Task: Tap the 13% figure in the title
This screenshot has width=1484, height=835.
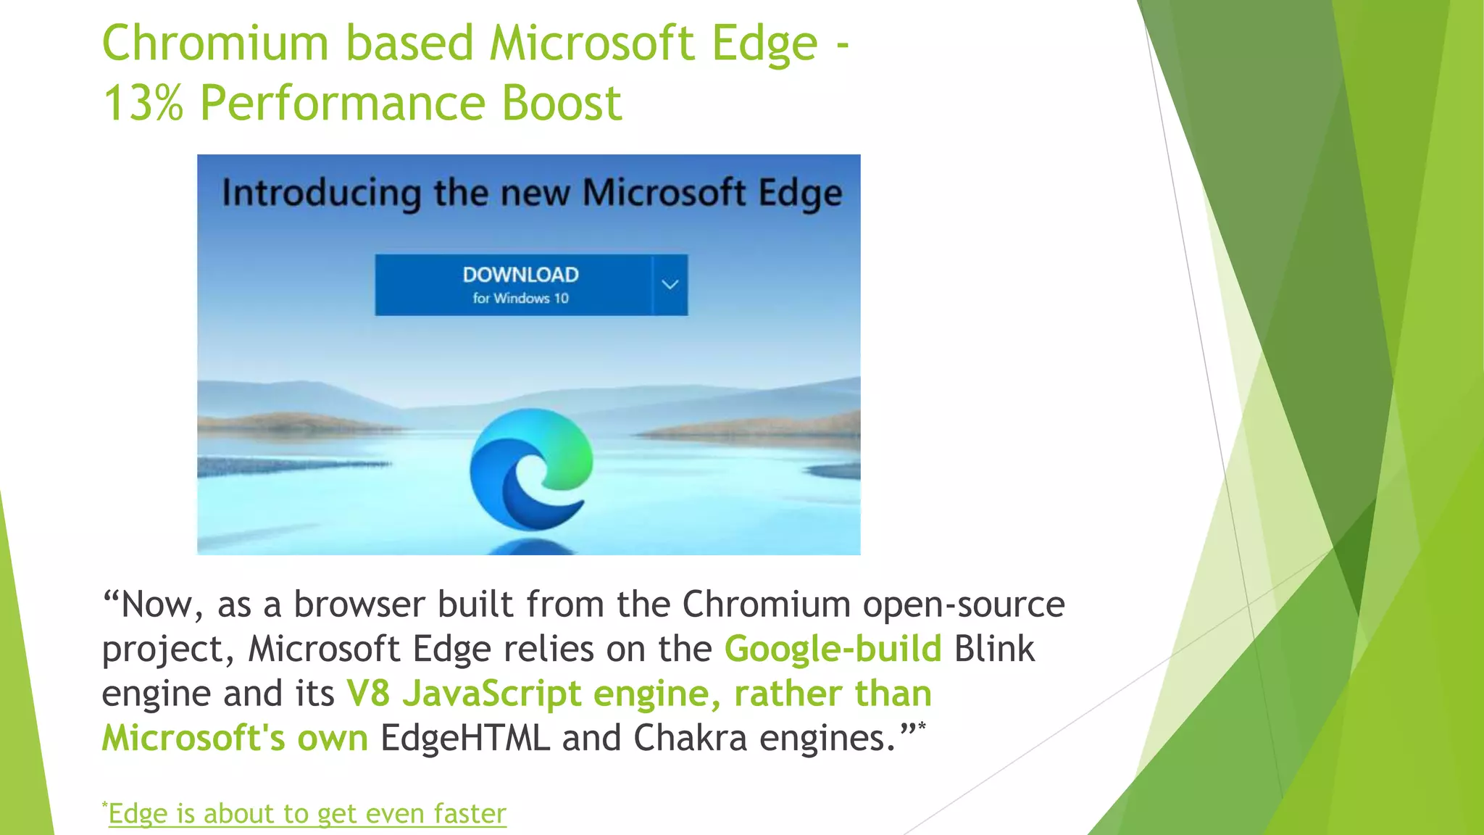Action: (143, 103)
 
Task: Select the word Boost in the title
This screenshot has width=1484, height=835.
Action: (562, 103)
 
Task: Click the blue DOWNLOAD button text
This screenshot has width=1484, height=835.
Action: (520, 275)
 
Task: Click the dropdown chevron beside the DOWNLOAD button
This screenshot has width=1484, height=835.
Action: (670, 285)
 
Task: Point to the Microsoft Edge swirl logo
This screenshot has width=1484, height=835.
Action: (531, 468)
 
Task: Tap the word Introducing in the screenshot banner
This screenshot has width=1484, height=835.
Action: (321, 194)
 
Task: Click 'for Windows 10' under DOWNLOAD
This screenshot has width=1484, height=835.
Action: (520, 299)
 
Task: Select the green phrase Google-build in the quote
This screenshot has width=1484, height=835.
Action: (833, 649)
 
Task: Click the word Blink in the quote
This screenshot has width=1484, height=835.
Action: (994, 649)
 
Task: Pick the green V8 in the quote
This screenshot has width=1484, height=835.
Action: (368, 694)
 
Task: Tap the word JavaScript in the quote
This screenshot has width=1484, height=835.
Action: (492, 694)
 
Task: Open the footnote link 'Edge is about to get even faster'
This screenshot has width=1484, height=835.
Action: (307, 814)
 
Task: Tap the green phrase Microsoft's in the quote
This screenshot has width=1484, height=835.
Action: (193, 739)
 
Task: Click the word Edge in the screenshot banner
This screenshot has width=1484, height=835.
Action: (800, 194)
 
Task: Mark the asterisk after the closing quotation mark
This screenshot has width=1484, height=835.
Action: (922, 726)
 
